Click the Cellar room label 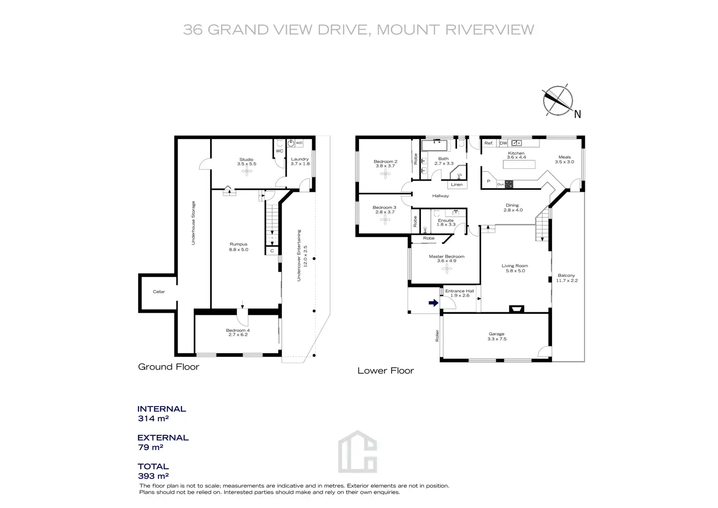[x=159, y=292]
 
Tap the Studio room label [x=246, y=160]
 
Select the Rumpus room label [x=239, y=244]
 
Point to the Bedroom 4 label [x=238, y=330]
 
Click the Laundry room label [x=300, y=159]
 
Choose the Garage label [x=497, y=334]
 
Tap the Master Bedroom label [x=446, y=257]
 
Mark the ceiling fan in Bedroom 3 [x=385, y=220]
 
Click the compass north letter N [x=578, y=115]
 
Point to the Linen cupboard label [x=457, y=185]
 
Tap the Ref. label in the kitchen [x=489, y=143]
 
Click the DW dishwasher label [x=503, y=143]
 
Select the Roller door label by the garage [x=438, y=336]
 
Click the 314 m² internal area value [x=153, y=419]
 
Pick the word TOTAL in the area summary [x=153, y=467]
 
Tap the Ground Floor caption [x=169, y=367]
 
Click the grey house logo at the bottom [x=358, y=452]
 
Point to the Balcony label [x=566, y=276]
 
